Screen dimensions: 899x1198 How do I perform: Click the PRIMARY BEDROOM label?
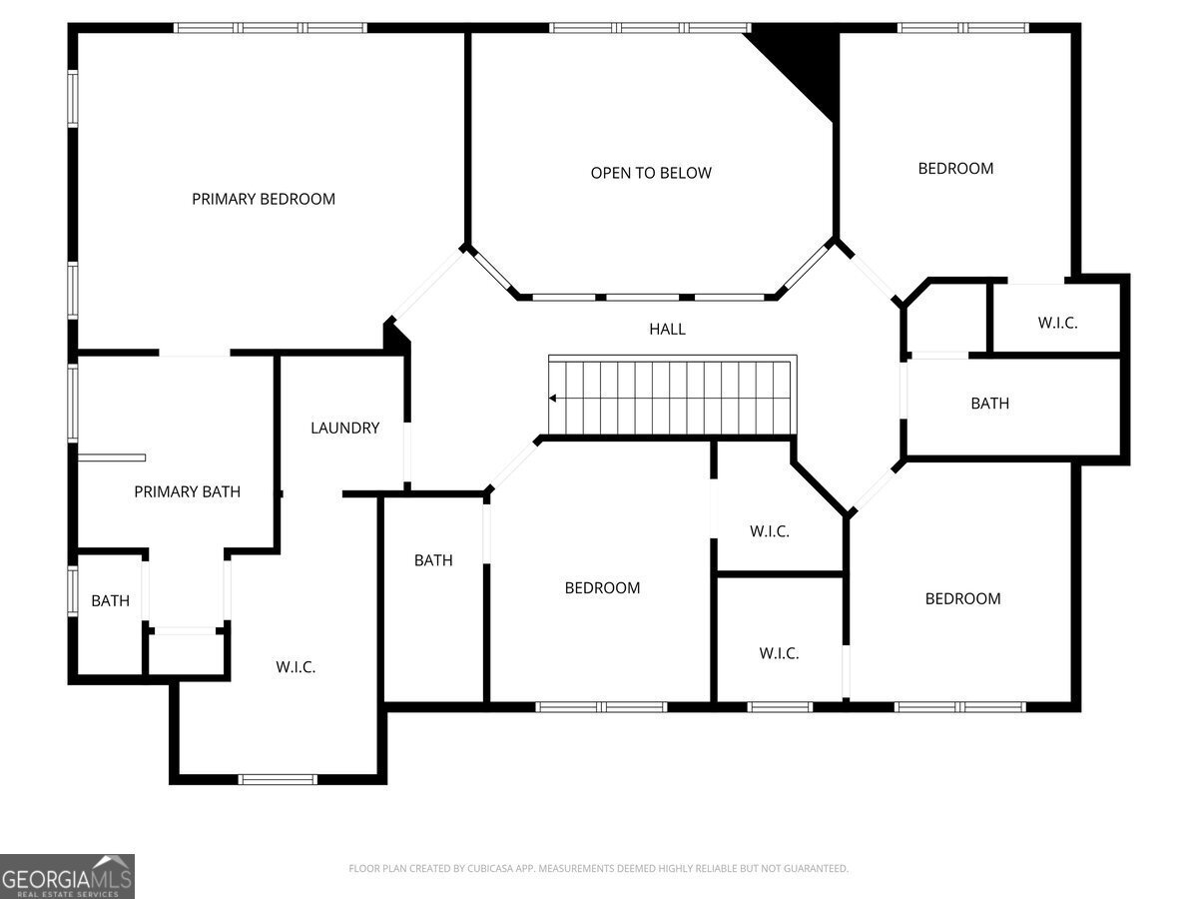[264, 199]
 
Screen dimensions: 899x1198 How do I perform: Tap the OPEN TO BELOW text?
[651, 173]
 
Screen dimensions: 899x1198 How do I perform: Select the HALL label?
[667, 329]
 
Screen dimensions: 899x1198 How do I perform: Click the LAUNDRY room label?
[344, 428]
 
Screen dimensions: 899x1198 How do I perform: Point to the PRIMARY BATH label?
[188, 491]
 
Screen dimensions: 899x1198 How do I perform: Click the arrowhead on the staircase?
[552, 399]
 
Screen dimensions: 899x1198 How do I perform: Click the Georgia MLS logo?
[67, 876]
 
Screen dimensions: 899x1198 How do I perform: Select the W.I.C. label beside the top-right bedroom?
[1057, 323]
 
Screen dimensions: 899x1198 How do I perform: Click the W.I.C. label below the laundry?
[296, 666]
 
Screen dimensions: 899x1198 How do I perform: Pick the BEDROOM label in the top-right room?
[955, 168]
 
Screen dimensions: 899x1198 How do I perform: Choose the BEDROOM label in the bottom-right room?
[962, 598]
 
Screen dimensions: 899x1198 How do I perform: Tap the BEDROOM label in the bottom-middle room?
[602, 587]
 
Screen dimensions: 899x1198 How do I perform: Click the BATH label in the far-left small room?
[110, 600]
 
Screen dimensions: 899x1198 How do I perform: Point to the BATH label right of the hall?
[989, 404]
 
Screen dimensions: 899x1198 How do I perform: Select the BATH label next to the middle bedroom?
[433, 560]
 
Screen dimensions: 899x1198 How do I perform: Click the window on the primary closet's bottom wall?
[278, 778]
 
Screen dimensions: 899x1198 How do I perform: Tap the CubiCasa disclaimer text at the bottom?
[598, 868]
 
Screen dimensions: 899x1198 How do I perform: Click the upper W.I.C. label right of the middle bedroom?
[769, 531]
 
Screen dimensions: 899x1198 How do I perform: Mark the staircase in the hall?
[671, 397]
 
